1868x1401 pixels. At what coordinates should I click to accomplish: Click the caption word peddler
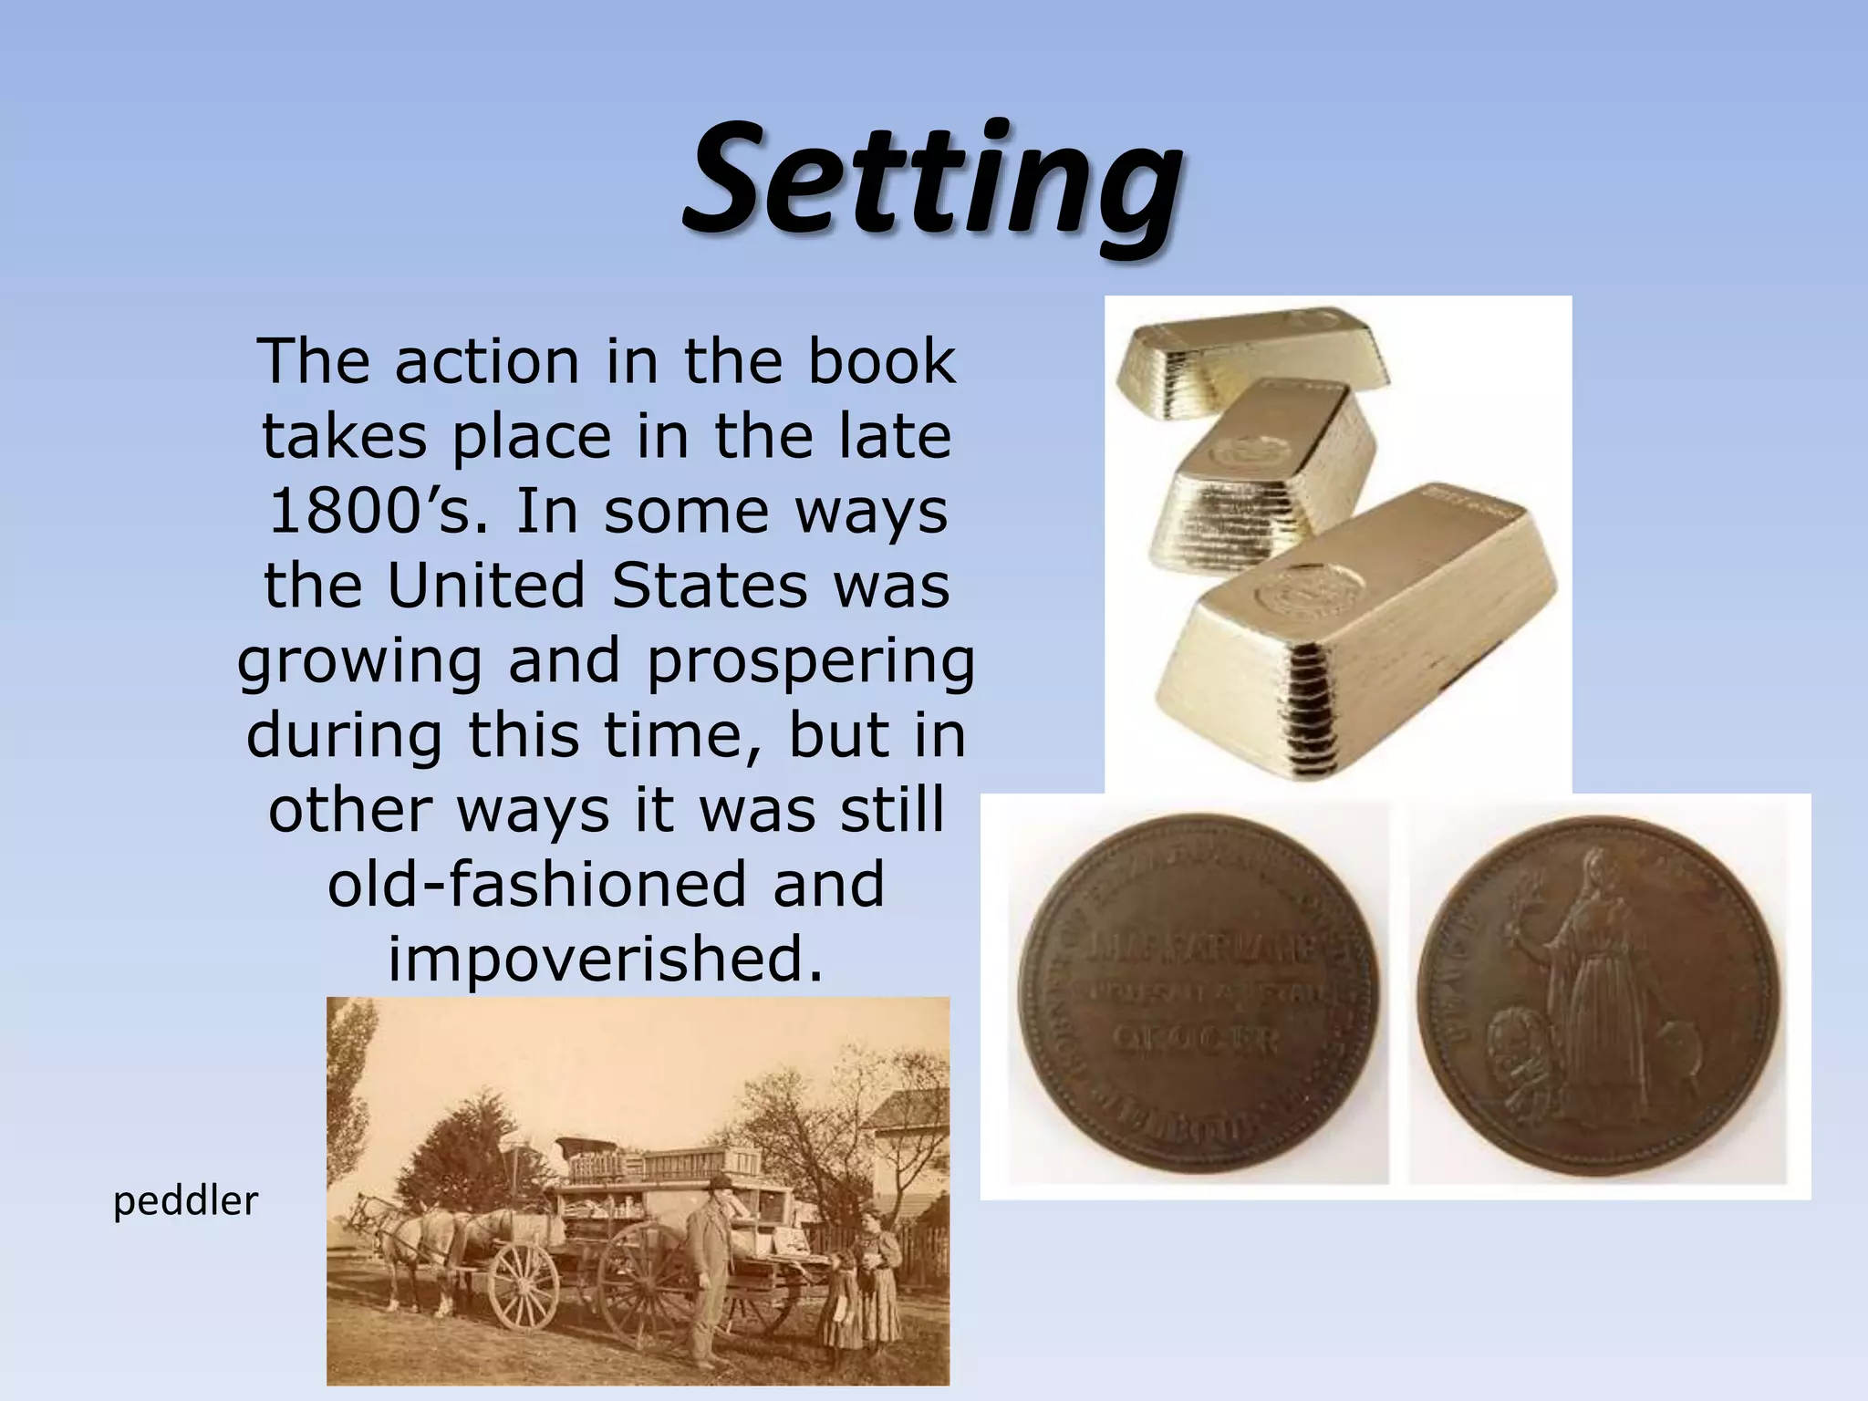[x=186, y=1201]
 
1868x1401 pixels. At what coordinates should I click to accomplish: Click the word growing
[x=359, y=662]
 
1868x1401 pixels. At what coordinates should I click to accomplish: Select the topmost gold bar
[x=1250, y=356]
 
